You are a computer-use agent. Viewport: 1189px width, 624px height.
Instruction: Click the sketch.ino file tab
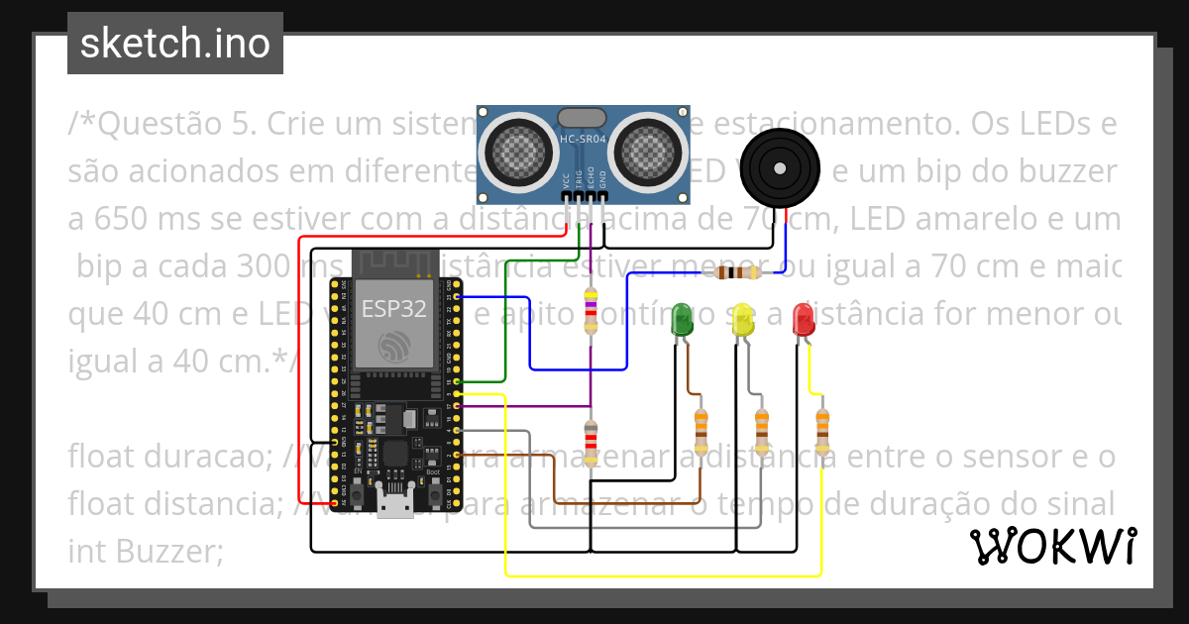pyautogui.click(x=174, y=44)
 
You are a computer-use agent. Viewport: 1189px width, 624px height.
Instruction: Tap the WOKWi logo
pyautogui.click(x=1052, y=546)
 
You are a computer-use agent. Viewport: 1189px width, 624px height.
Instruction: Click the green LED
pyautogui.click(x=682, y=320)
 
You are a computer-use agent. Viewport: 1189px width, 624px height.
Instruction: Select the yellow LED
pyautogui.click(x=743, y=320)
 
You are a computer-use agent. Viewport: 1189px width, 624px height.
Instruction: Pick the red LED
pyautogui.click(x=804, y=320)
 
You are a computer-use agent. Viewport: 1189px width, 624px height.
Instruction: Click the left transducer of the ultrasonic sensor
pyautogui.click(x=518, y=150)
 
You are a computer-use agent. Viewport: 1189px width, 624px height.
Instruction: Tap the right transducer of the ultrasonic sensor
pyautogui.click(x=651, y=150)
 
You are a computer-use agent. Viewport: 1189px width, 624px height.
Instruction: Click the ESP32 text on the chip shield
pyautogui.click(x=393, y=308)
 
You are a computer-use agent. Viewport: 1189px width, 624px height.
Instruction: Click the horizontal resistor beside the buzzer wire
pyautogui.click(x=742, y=272)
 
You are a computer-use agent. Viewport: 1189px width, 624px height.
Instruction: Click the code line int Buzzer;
pyautogui.click(x=145, y=551)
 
